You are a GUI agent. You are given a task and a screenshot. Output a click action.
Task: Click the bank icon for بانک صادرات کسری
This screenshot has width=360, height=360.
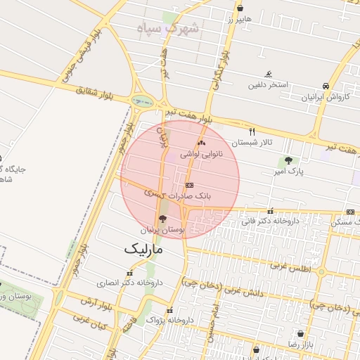pos(188,185)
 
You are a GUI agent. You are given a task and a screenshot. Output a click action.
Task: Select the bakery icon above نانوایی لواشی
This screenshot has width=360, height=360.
pos(202,143)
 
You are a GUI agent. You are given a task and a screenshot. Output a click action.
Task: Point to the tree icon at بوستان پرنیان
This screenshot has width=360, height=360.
pos(163,219)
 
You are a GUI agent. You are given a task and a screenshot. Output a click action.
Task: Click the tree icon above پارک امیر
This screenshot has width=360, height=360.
pos(288,161)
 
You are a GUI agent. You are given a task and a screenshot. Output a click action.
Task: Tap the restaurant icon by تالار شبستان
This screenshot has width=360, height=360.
pos(252,131)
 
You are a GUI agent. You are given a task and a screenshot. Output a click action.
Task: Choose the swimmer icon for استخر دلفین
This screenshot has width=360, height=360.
pos(268,74)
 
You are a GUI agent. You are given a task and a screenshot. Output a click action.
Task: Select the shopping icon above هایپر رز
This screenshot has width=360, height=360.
pos(240,8)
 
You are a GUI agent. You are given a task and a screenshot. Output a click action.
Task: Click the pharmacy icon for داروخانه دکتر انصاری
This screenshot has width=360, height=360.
pos(129,273)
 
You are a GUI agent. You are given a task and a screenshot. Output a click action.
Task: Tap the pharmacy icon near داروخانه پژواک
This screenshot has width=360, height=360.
pos(169,311)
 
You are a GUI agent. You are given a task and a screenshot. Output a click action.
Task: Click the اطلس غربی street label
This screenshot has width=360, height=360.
pos(289,268)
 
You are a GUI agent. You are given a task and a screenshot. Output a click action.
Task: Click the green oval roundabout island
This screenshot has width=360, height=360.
pos(143,102)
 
